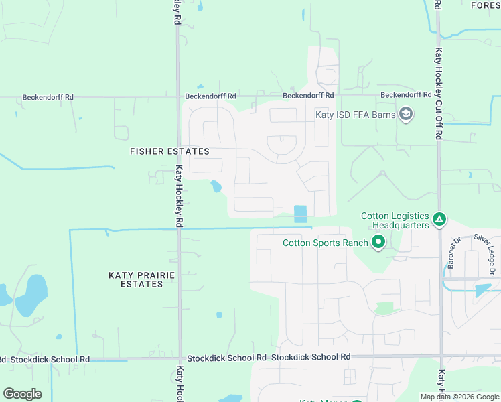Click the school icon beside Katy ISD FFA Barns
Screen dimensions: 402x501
click(x=405, y=115)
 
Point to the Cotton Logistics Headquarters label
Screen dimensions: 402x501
click(x=395, y=220)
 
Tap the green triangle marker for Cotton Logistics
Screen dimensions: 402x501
click(x=439, y=219)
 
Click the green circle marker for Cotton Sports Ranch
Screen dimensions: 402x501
click(x=378, y=242)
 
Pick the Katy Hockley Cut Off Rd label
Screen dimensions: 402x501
click(x=439, y=93)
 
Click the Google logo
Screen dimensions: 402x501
click(x=22, y=394)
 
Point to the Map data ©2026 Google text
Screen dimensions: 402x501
click(x=459, y=397)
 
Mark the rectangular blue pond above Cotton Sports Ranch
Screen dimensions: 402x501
click(x=300, y=214)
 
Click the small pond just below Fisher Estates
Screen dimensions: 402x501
click(x=216, y=186)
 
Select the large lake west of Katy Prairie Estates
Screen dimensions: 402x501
click(x=31, y=295)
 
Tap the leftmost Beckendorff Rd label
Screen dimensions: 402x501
click(x=48, y=97)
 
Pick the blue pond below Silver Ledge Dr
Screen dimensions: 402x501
click(x=482, y=290)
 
